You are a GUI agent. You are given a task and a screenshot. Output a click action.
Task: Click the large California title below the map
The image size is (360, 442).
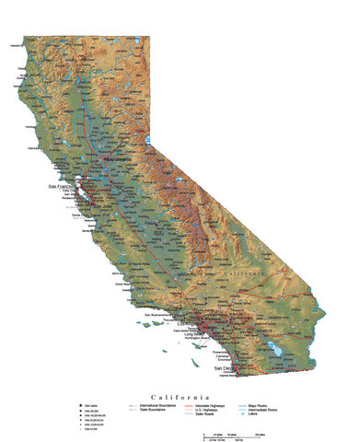tap(180, 367)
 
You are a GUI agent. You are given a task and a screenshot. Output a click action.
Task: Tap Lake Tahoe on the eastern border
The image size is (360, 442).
tap(147, 141)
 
